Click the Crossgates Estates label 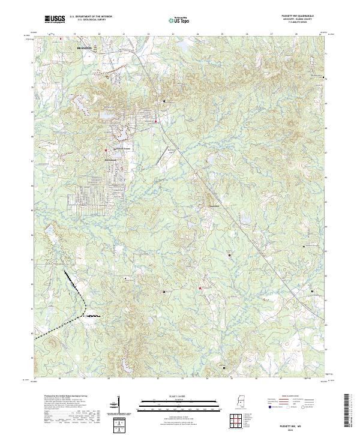click(x=119, y=148)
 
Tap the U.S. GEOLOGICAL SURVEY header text click(x=90, y=20)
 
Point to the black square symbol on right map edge click(x=325, y=77)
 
